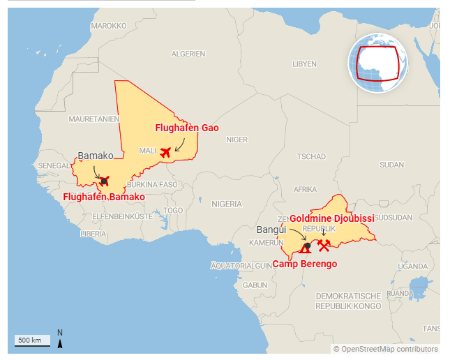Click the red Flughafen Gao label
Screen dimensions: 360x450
tap(186, 128)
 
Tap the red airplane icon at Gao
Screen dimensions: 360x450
tap(165, 152)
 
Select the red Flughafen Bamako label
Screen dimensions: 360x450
tap(104, 197)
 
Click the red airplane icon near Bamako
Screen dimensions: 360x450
tap(105, 181)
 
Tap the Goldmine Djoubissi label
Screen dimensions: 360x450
tap(331, 218)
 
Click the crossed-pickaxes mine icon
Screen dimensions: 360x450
tap(324, 246)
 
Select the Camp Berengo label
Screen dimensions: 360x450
tap(304, 264)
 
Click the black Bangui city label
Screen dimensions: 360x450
tap(272, 230)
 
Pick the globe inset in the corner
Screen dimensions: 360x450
tap(378, 63)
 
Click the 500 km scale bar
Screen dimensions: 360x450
tap(32, 340)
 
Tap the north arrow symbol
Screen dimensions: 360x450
tap(61, 338)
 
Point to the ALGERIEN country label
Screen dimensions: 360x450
tap(188, 54)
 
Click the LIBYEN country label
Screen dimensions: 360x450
tap(304, 63)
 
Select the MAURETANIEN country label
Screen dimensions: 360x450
tap(94, 119)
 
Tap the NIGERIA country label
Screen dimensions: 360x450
tap(226, 204)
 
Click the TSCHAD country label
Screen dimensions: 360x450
tap(311, 156)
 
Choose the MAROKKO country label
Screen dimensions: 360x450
tap(109, 26)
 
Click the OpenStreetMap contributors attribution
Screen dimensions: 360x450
tap(385, 349)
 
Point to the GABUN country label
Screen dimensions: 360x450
tap(255, 285)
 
